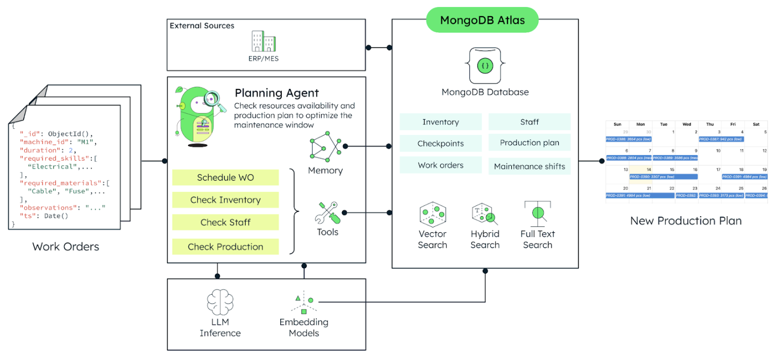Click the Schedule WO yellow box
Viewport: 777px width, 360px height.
(x=225, y=177)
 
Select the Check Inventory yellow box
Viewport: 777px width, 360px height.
(x=225, y=200)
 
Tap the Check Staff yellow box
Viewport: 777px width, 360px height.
(x=225, y=222)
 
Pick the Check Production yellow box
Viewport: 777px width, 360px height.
(x=225, y=247)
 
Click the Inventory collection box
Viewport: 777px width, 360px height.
(x=440, y=122)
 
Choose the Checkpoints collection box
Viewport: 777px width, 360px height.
(x=440, y=143)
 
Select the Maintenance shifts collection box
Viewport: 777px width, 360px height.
(x=529, y=166)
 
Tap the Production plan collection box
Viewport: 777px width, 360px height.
(x=529, y=143)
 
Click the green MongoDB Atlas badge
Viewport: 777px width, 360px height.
(x=482, y=20)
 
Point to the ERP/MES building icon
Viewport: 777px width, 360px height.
(x=263, y=40)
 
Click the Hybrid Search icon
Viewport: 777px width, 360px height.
(x=484, y=214)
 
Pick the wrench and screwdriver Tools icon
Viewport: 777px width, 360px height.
(x=328, y=213)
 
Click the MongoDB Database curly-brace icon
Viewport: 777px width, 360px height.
(x=485, y=65)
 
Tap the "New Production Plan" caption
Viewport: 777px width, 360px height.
(x=685, y=221)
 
